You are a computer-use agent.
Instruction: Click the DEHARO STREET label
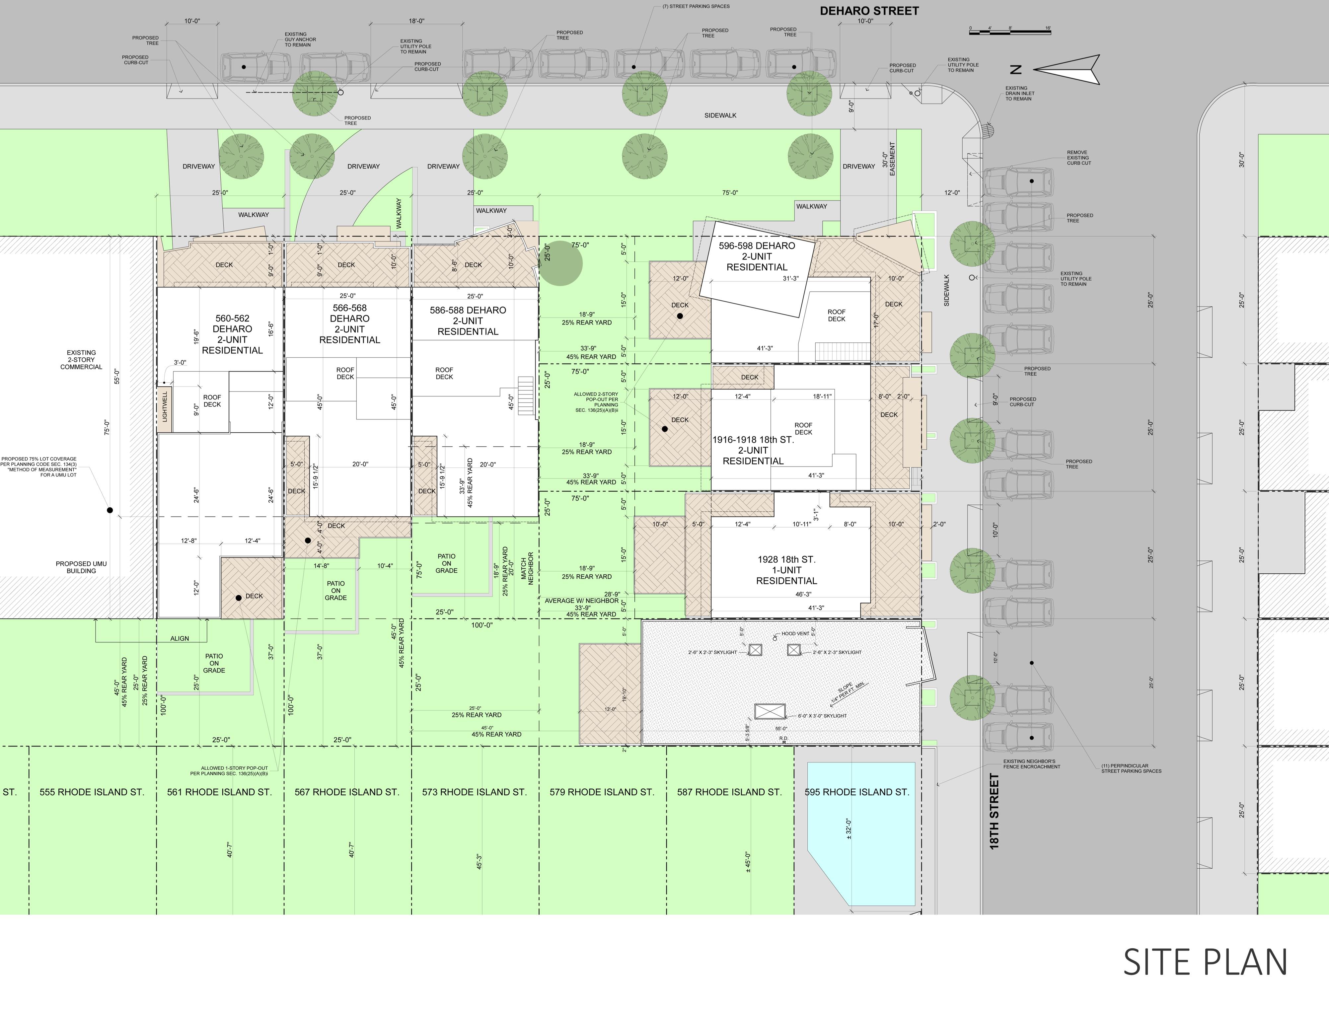coord(869,11)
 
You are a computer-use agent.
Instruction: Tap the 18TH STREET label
coord(995,811)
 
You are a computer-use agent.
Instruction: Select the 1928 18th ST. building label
coord(786,570)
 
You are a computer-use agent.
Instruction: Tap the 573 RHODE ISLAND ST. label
coord(474,792)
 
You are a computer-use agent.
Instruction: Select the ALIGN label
coord(180,638)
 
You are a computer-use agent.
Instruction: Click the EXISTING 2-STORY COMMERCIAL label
coord(81,360)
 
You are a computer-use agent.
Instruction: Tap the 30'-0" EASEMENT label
coord(889,159)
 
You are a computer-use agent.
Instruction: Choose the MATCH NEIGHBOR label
coord(527,568)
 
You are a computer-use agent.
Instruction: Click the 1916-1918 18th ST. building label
coord(753,451)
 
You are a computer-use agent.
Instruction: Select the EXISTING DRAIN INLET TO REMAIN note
coord(1020,93)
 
